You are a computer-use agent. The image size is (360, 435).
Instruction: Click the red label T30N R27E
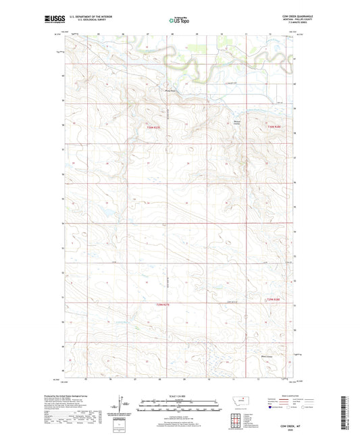(x=155, y=127)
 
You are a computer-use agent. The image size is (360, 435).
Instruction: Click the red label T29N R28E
(x=272, y=299)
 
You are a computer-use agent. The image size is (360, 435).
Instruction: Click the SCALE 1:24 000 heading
(x=179, y=395)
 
